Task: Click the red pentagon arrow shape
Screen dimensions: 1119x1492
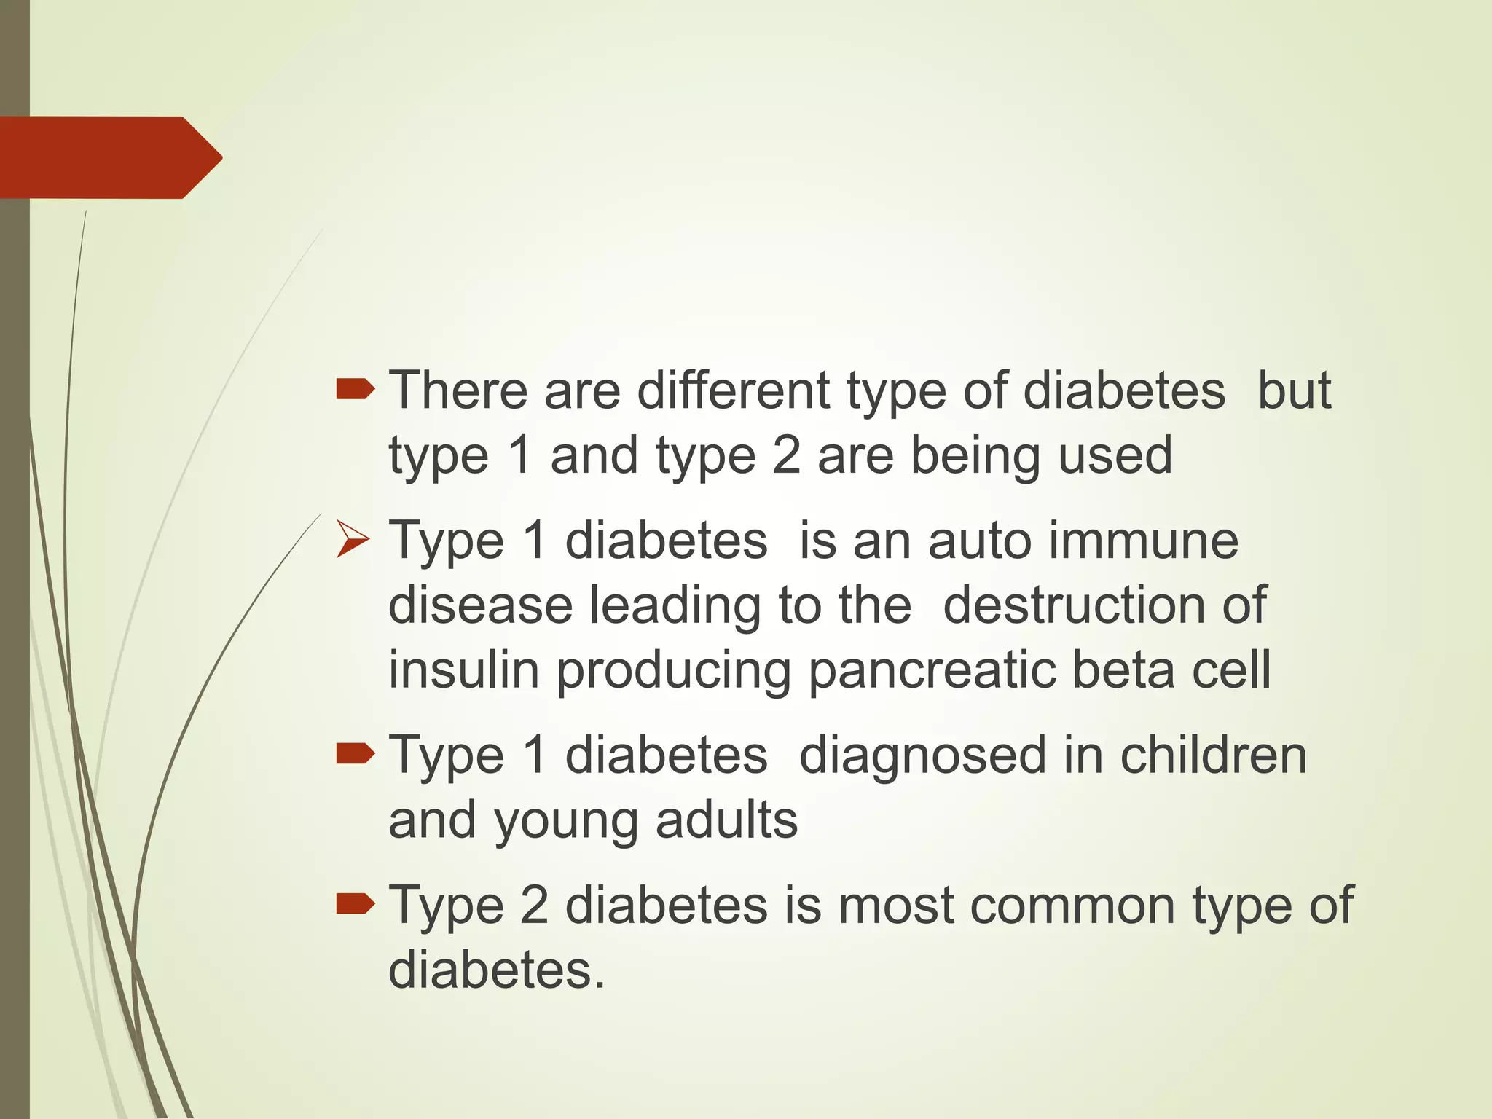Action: point(109,157)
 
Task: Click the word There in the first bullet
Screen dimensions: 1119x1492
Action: point(458,390)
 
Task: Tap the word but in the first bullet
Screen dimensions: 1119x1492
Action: point(1295,390)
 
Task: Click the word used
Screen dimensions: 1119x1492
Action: point(1115,455)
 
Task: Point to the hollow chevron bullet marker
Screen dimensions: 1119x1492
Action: point(353,542)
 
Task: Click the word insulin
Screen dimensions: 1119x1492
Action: point(463,670)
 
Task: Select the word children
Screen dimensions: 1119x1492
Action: point(1213,755)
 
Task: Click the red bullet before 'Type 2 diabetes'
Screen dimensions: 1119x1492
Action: point(355,905)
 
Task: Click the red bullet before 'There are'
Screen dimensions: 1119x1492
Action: point(355,390)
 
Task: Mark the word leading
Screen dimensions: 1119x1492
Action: point(675,606)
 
